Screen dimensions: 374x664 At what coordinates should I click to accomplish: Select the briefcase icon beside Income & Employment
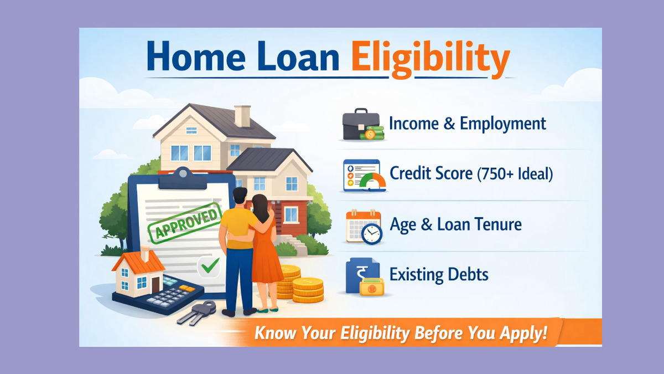[361, 126]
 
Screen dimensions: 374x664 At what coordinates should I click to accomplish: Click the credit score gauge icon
[362, 176]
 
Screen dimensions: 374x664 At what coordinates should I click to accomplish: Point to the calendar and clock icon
[364, 226]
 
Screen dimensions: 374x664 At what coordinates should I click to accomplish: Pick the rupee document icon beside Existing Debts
[361, 275]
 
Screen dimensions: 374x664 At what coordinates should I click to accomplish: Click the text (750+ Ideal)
[515, 174]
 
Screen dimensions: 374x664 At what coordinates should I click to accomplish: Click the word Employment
[503, 124]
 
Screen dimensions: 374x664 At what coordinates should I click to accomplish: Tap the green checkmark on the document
[209, 267]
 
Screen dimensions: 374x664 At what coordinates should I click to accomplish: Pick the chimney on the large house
[242, 115]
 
